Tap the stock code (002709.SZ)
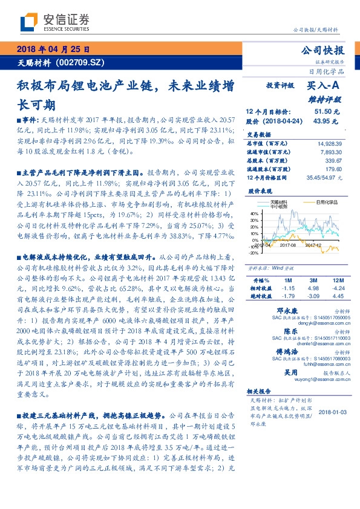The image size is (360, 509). pyautogui.click(x=83, y=62)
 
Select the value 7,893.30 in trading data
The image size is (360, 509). pyautogui.click(x=331, y=153)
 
